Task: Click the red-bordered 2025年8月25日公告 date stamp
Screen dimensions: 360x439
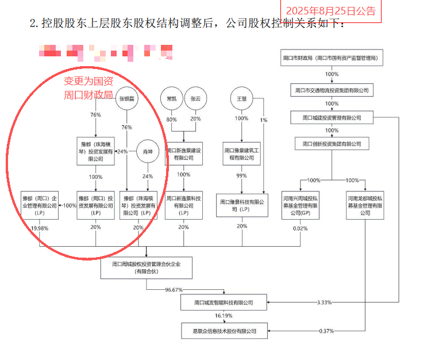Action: (x=331, y=11)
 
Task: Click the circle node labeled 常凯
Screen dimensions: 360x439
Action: (x=170, y=98)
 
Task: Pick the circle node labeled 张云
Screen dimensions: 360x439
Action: (x=195, y=98)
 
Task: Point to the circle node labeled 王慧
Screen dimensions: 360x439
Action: (x=242, y=98)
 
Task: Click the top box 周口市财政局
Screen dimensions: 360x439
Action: (x=331, y=58)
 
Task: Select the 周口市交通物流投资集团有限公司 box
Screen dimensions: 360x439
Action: (x=331, y=90)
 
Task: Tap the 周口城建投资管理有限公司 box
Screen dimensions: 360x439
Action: (x=332, y=118)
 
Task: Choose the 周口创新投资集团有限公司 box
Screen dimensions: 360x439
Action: (x=332, y=144)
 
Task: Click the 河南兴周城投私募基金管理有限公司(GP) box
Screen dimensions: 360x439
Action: (x=300, y=205)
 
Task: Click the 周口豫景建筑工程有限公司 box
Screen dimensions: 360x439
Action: (x=241, y=154)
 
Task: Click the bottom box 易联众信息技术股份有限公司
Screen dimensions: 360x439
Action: (x=224, y=331)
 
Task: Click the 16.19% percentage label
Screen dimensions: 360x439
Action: (x=224, y=316)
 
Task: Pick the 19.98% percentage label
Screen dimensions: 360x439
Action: (x=40, y=227)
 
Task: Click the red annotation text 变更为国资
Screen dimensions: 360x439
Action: (x=88, y=81)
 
